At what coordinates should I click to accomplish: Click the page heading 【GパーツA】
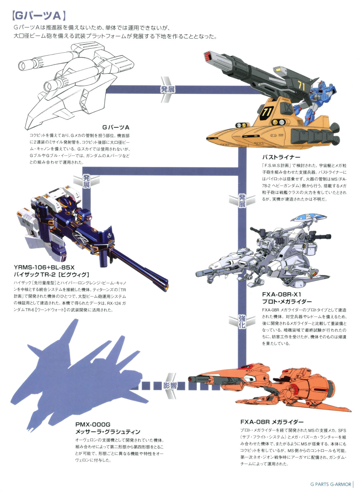[x=39, y=16]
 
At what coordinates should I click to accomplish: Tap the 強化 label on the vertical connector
[x=242, y=322]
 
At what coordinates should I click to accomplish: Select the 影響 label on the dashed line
[x=170, y=386]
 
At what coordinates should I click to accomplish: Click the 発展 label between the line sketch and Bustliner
[x=168, y=90]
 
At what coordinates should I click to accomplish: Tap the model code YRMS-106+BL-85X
[x=44, y=267]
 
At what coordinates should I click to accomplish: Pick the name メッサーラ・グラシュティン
[x=108, y=432]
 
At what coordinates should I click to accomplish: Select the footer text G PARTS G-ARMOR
[x=330, y=484]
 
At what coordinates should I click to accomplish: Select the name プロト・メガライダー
[x=287, y=302]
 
